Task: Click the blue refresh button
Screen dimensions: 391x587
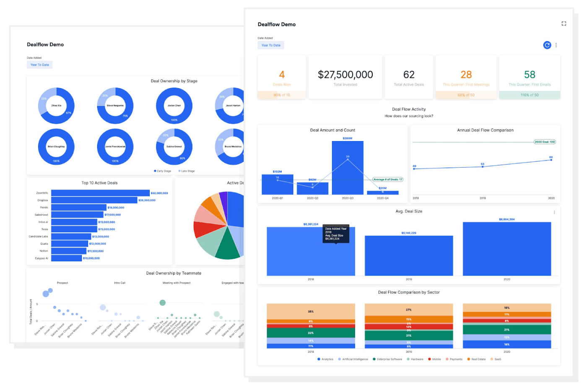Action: (x=547, y=45)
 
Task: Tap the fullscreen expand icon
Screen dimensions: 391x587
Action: (x=564, y=24)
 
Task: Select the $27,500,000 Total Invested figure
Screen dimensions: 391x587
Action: (x=345, y=75)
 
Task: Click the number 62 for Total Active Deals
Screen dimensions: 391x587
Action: (x=409, y=75)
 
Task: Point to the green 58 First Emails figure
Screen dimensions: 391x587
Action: (x=530, y=75)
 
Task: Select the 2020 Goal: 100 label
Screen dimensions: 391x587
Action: (x=544, y=142)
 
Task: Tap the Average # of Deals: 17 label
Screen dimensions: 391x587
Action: (x=387, y=179)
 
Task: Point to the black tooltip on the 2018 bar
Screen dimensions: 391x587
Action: (x=335, y=234)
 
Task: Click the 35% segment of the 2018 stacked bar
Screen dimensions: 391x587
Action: (x=311, y=311)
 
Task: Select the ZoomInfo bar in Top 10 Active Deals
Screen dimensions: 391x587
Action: (x=100, y=193)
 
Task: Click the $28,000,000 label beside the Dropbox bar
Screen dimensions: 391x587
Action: (x=147, y=200)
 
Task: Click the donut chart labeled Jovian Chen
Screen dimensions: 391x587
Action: (x=174, y=106)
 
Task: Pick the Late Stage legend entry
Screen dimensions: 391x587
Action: (x=187, y=171)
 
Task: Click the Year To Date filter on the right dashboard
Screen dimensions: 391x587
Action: (x=271, y=45)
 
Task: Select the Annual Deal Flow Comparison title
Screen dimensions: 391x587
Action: (x=485, y=130)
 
